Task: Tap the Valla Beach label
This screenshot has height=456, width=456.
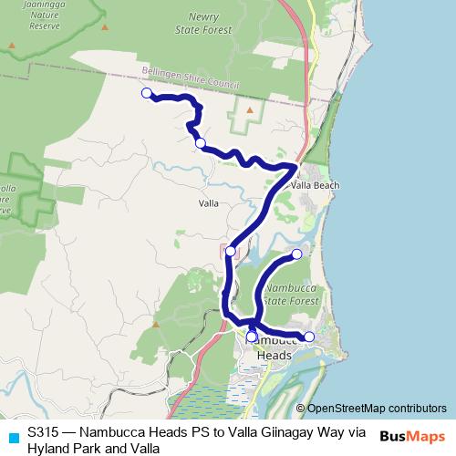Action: [316, 185]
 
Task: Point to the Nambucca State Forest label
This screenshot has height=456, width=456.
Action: [292, 293]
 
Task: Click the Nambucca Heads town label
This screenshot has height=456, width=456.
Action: [270, 347]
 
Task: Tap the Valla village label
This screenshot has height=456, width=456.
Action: [208, 203]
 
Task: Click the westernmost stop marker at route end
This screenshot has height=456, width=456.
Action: [146, 93]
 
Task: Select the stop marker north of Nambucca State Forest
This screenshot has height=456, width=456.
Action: [296, 254]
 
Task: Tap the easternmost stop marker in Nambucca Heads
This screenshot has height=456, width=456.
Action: [309, 337]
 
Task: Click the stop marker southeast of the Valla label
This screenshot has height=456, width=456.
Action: [231, 251]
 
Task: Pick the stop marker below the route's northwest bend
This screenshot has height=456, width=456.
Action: [200, 142]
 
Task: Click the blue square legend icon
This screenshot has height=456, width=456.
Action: [12, 435]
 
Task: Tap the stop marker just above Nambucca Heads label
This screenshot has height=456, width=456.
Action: [252, 336]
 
